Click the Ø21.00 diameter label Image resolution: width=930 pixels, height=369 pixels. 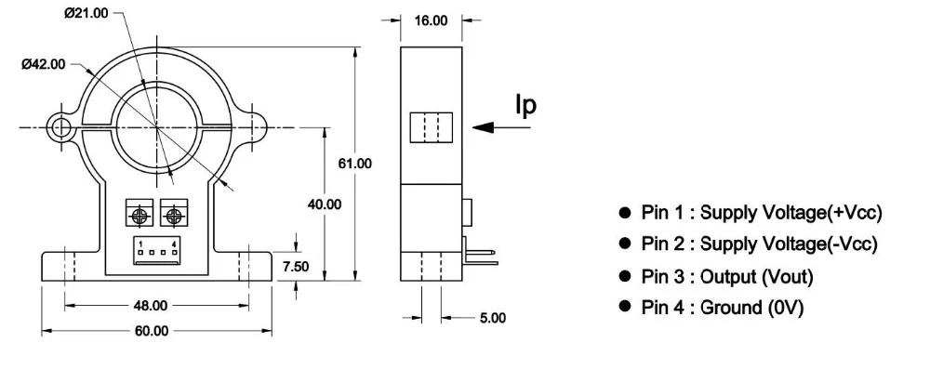point(86,13)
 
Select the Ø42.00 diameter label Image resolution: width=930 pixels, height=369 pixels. point(44,65)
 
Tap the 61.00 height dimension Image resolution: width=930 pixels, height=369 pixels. point(354,164)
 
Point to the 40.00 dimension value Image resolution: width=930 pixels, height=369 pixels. point(325,204)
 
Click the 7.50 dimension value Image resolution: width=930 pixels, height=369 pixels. point(296,267)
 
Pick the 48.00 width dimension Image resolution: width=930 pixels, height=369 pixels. point(151,306)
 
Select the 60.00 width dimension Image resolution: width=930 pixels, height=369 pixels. point(152,331)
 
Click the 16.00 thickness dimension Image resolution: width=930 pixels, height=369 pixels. point(431,20)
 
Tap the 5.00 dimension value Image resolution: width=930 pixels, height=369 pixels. point(493,318)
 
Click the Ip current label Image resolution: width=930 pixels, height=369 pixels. point(525,106)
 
